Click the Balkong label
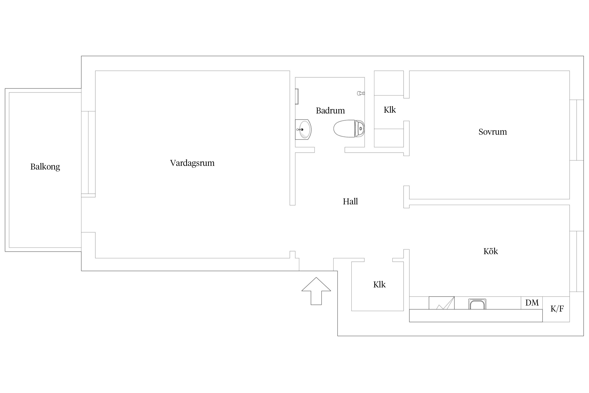(x=45, y=167)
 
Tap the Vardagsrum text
(x=192, y=163)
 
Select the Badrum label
(x=330, y=111)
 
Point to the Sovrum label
(x=493, y=132)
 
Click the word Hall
(x=350, y=201)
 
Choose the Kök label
(x=491, y=251)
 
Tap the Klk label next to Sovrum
(x=390, y=110)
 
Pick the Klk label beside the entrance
(x=379, y=285)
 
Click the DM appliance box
(x=532, y=303)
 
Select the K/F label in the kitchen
(x=557, y=309)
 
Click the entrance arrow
(x=316, y=291)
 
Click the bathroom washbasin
(x=303, y=129)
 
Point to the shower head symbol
(x=361, y=93)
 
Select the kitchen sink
(x=477, y=304)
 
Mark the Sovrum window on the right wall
(x=577, y=130)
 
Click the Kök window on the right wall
(x=577, y=261)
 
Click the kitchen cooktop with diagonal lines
(x=442, y=303)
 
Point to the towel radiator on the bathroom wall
(x=297, y=96)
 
